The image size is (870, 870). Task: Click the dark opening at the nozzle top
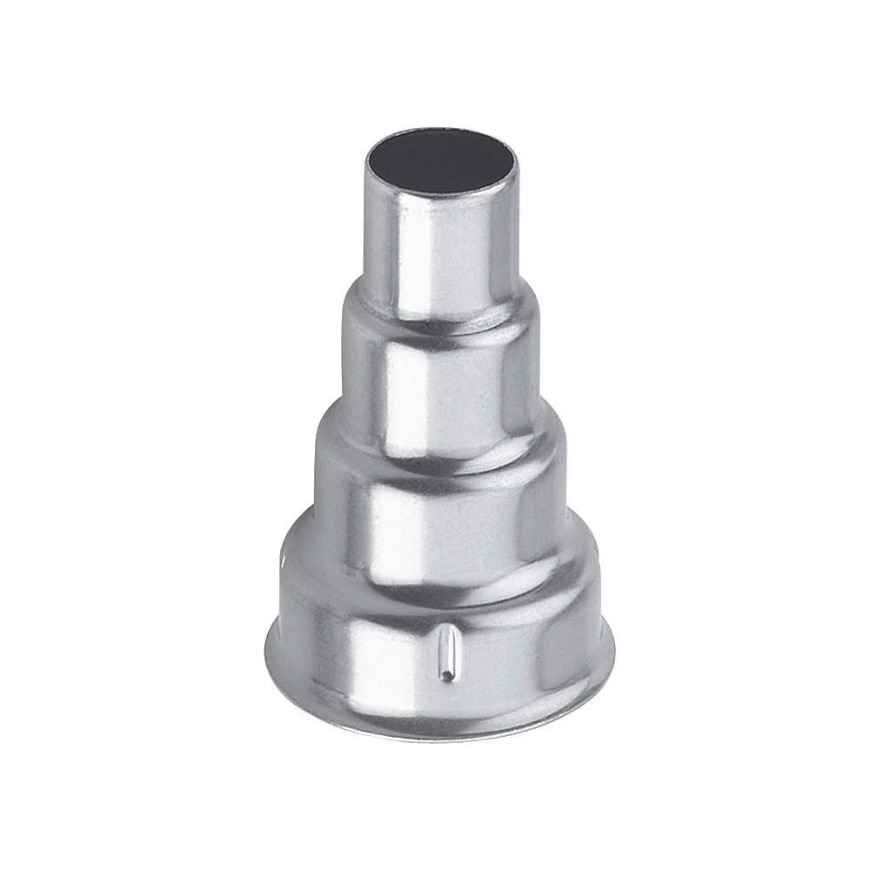click(439, 162)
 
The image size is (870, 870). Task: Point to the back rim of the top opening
click(439, 132)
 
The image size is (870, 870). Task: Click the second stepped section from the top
click(439, 383)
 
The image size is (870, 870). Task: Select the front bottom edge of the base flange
click(439, 738)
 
